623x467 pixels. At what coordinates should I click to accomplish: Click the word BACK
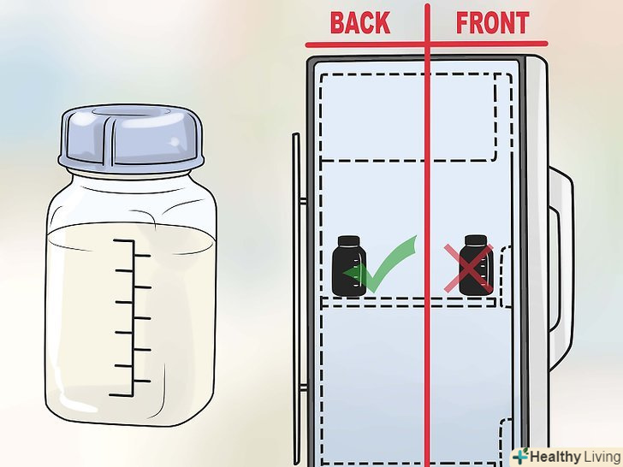pos(360,22)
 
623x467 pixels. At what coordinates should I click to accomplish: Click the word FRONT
pos(492,22)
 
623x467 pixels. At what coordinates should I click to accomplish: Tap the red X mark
pos(469,269)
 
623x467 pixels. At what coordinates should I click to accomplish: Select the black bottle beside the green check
pos(349,266)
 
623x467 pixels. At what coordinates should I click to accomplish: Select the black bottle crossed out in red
pos(476,265)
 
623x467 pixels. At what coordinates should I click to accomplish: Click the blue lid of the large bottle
pos(131,136)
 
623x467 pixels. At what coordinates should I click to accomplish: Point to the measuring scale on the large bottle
pos(131,317)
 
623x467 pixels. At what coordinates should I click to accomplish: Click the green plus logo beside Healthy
pos(520,456)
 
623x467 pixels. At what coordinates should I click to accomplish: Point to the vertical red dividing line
pos(428,234)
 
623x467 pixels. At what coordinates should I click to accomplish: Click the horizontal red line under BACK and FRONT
pos(426,44)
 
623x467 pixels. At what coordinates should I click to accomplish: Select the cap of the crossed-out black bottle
pos(476,240)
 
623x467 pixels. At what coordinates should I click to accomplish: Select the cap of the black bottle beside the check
pos(349,241)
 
